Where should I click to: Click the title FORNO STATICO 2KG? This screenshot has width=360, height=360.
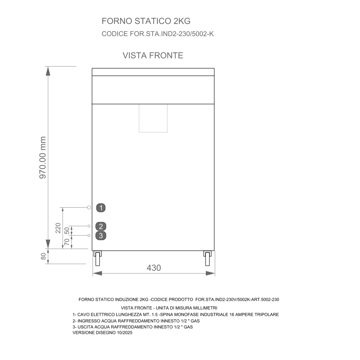coord(146,21)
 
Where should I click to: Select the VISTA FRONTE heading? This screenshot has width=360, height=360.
coord(153,55)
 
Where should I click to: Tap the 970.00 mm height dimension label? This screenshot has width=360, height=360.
coord(43,157)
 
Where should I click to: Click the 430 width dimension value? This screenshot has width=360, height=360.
coord(154,268)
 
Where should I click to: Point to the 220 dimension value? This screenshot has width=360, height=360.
coord(58,228)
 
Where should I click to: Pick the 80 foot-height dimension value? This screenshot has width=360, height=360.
coord(43,256)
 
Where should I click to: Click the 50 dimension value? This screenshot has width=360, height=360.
coord(67,231)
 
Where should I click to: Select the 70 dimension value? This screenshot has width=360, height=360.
coord(67,242)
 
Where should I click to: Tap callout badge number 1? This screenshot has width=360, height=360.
coord(101,208)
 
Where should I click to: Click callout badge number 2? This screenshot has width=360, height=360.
coord(101,226)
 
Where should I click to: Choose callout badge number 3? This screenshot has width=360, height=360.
coord(101,235)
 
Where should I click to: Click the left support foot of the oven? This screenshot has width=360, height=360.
coord(97,258)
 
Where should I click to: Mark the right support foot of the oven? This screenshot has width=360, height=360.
coord(207,258)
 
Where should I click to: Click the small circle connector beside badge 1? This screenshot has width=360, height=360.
coord(89,207)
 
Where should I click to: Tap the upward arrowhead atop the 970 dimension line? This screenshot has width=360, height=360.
coord(48,71)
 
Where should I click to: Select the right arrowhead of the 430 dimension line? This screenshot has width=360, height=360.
coord(210,273)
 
